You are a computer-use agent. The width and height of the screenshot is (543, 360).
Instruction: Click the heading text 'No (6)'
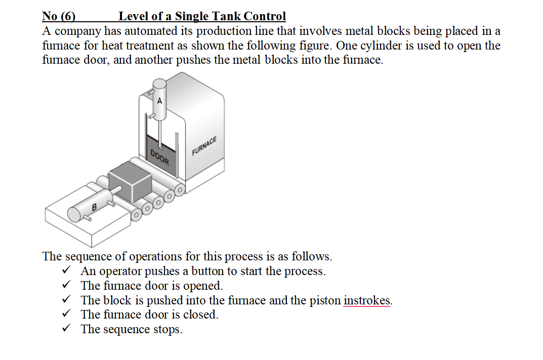click(59, 17)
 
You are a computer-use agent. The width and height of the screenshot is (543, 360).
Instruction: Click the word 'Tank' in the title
click(228, 17)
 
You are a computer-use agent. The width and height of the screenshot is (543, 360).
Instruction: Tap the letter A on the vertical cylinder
click(160, 101)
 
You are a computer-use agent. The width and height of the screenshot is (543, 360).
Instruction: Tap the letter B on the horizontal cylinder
click(94, 207)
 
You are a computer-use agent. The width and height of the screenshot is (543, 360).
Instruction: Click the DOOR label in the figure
click(159, 158)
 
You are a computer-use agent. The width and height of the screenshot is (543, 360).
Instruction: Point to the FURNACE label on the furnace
click(204, 146)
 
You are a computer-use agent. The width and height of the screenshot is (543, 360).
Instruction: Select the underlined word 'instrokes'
click(367, 300)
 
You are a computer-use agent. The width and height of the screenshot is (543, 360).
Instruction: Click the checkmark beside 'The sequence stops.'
click(66, 329)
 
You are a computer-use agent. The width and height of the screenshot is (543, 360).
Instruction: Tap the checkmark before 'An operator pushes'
click(66, 271)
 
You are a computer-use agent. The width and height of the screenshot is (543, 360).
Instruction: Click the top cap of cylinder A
click(159, 84)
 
